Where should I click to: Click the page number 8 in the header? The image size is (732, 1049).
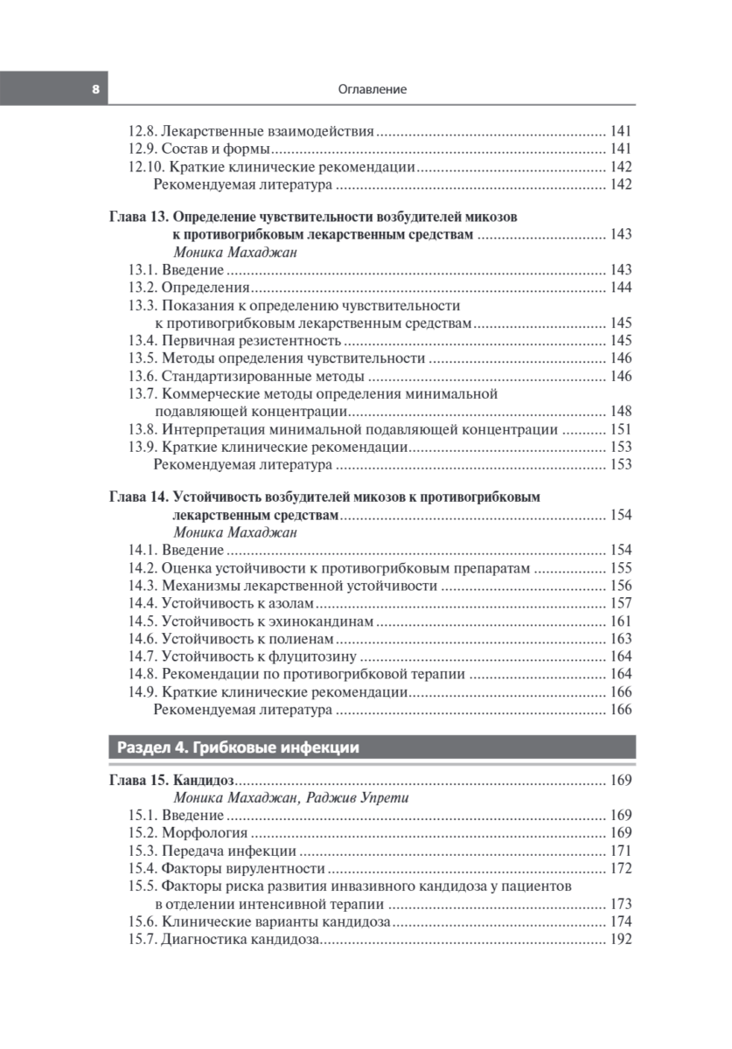(x=94, y=89)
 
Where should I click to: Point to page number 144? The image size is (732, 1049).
(x=621, y=288)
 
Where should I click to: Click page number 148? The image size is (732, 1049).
(x=621, y=411)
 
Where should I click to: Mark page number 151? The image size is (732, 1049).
(x=621, y=429)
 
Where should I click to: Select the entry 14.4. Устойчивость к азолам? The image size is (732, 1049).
(x=221, y=603)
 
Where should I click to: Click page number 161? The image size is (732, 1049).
(x=621, y=622)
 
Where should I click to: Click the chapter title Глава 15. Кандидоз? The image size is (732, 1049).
(x=173, y=781)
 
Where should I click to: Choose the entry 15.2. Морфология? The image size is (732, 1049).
(x=188, y=833)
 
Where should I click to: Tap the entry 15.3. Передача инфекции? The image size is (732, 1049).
(x=213, y=851)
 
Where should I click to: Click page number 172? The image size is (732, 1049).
(x=621, y=868)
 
